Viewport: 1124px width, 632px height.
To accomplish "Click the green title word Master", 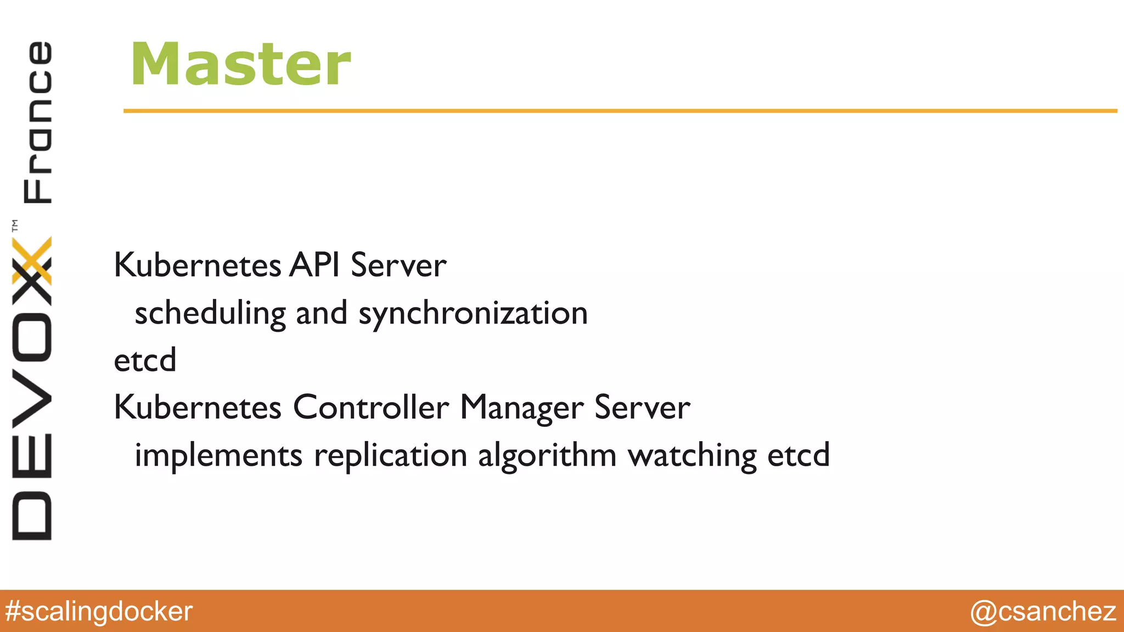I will [240, 65].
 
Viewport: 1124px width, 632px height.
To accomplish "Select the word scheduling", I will [210, 313].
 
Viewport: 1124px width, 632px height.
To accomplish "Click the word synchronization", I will [473, 313].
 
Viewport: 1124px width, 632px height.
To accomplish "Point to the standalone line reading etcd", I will [145, 360].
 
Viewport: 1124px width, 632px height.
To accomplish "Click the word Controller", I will [371, 408].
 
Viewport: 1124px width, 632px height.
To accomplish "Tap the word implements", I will [218, 455].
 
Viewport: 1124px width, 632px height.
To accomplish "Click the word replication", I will [390, 455].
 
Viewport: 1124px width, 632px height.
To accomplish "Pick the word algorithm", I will [547, 455].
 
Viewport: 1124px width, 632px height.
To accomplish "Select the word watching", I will [692, 455].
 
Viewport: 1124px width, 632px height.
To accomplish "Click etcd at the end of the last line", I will [799, 455].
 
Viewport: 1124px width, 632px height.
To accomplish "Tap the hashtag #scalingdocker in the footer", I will [99, 611].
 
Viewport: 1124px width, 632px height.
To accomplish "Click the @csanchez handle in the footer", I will [1043, 611].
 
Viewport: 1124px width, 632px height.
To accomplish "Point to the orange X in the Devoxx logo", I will [32, 259].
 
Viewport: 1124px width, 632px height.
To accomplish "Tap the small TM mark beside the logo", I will [15, 225].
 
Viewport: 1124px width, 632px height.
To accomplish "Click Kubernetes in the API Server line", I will [197, 266].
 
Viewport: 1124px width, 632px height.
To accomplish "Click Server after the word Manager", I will [642, 408].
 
